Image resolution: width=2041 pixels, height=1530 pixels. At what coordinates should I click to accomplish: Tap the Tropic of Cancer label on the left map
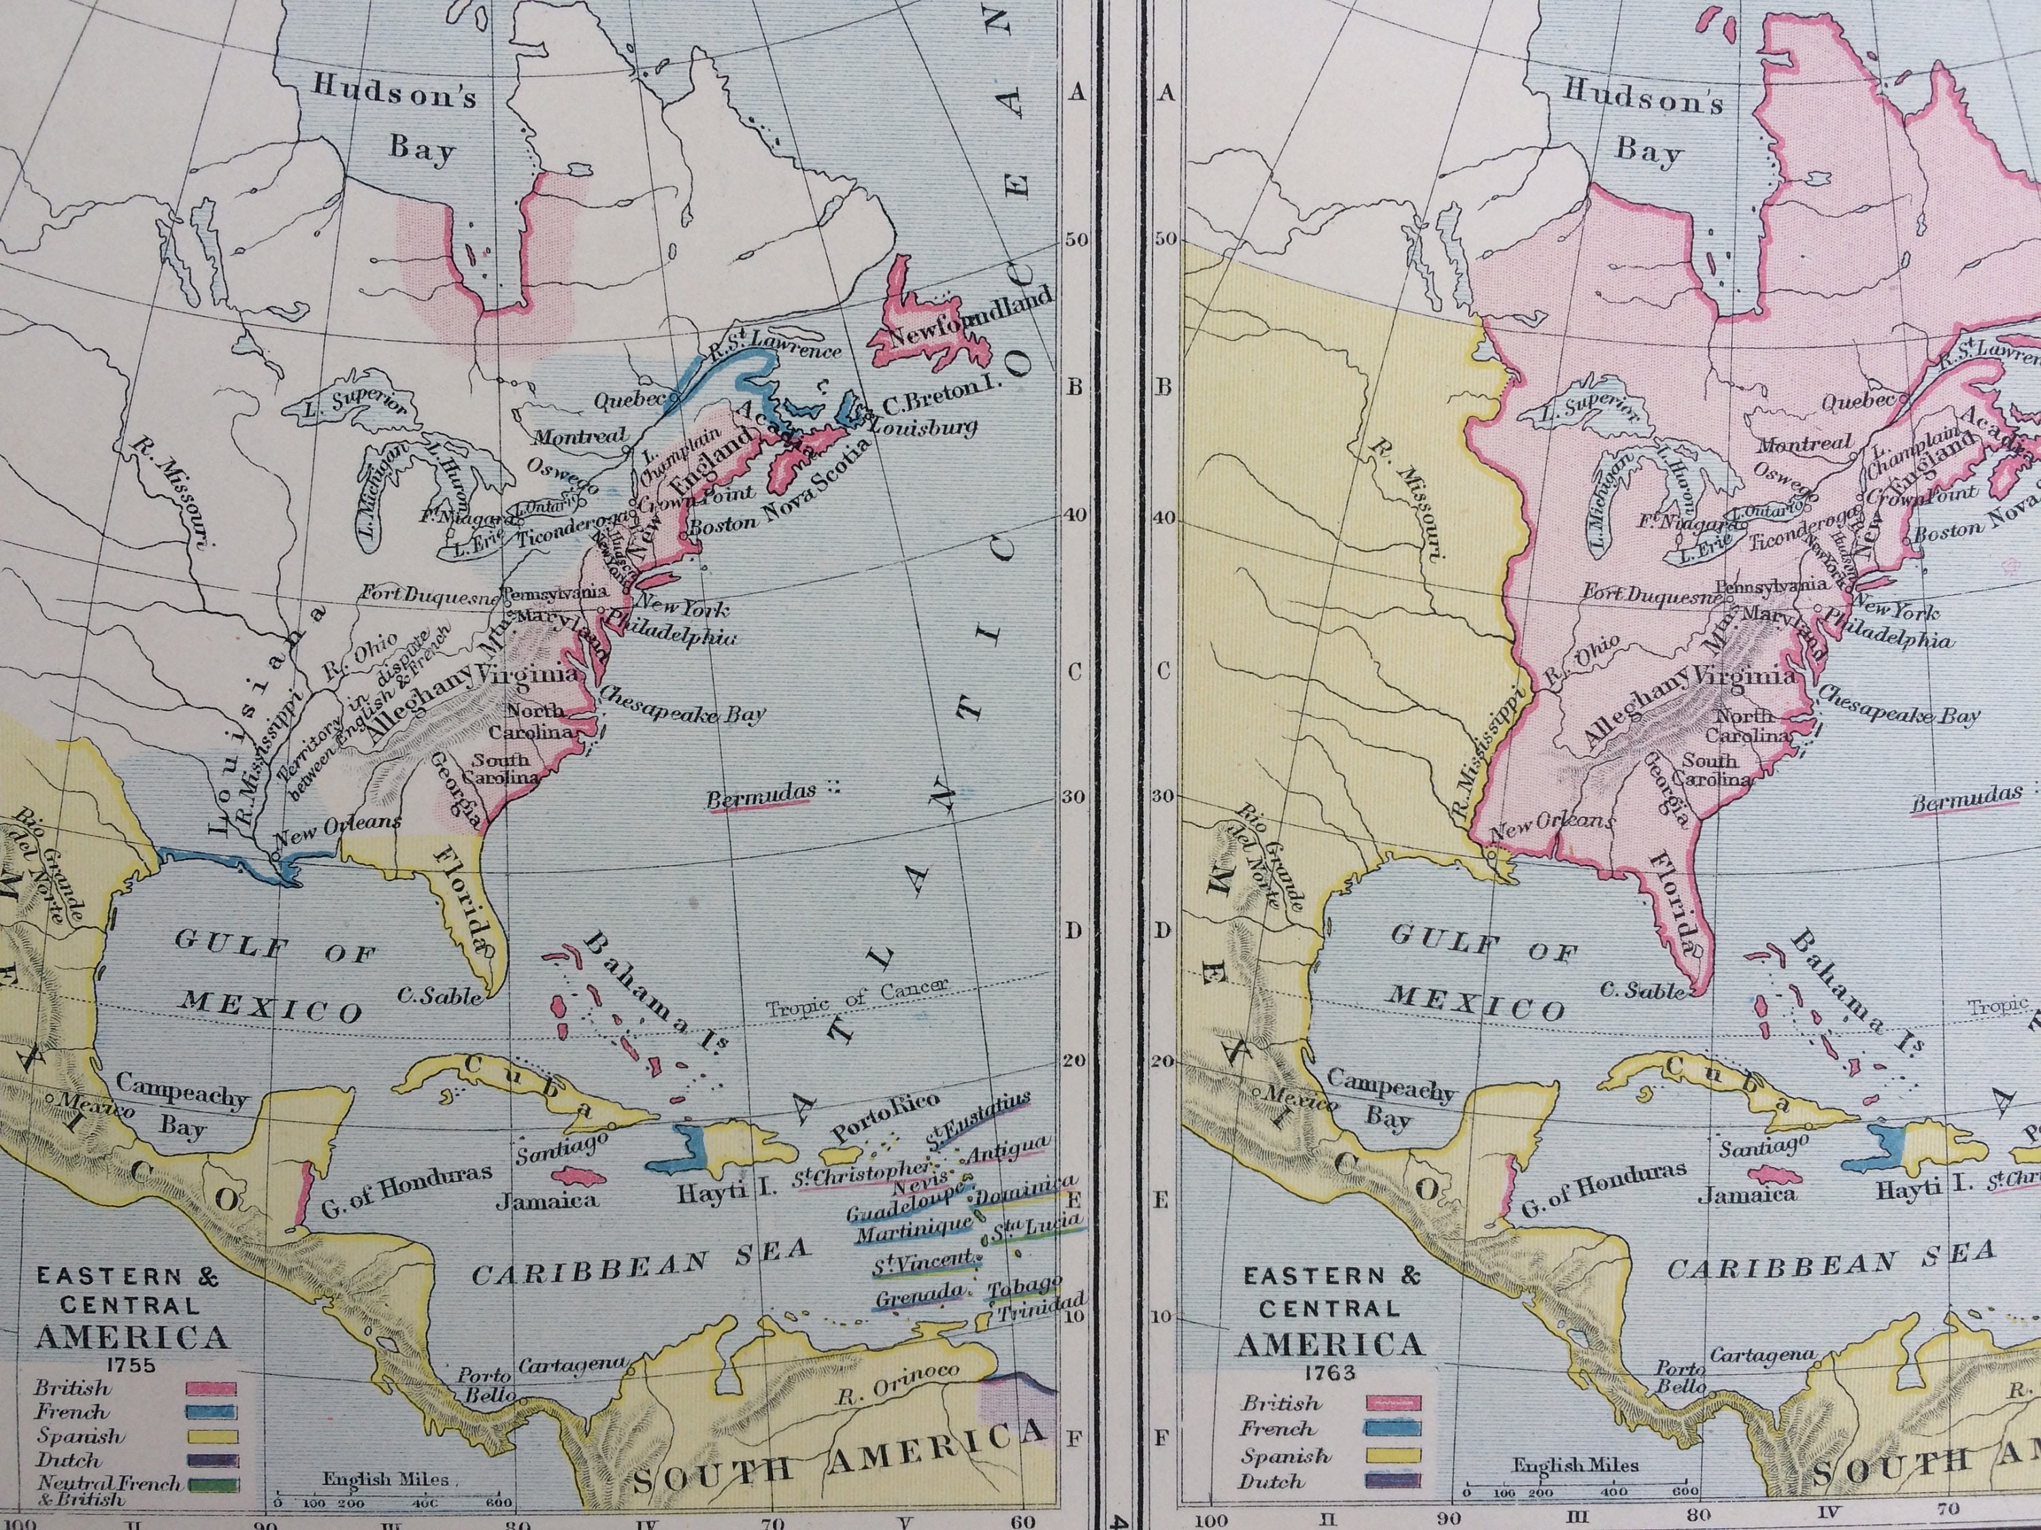tap(857, 997)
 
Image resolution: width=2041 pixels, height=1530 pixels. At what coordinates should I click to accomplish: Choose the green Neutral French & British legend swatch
tap(212, 1485)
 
